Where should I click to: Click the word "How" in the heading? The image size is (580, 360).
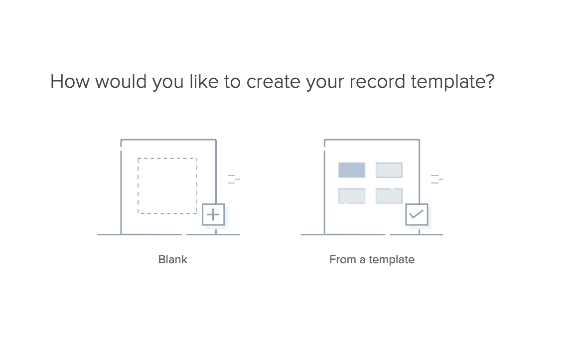point(70,81)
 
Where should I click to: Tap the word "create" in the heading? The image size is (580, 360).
point(274,81)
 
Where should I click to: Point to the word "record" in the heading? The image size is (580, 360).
point(377,81)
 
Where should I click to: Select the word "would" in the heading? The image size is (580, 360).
point(121,81)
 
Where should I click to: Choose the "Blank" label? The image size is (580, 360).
point(173,259)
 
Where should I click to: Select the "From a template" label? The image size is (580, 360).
point(372,259)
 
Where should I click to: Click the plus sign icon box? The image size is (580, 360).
point(213,214)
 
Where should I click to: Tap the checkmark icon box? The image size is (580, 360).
point(417,214)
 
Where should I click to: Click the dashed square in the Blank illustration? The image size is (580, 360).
point(167,159)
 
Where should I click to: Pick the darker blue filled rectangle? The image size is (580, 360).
point(352,170)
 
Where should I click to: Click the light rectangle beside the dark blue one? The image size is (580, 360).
point(389,170)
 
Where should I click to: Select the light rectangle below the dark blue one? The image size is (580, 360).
point(352,196)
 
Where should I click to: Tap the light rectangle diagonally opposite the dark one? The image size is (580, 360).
point(389,196)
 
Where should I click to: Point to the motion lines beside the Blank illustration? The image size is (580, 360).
point(233,179)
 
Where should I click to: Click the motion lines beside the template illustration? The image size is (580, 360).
point(437,179)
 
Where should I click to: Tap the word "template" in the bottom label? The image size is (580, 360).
point(391,259)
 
